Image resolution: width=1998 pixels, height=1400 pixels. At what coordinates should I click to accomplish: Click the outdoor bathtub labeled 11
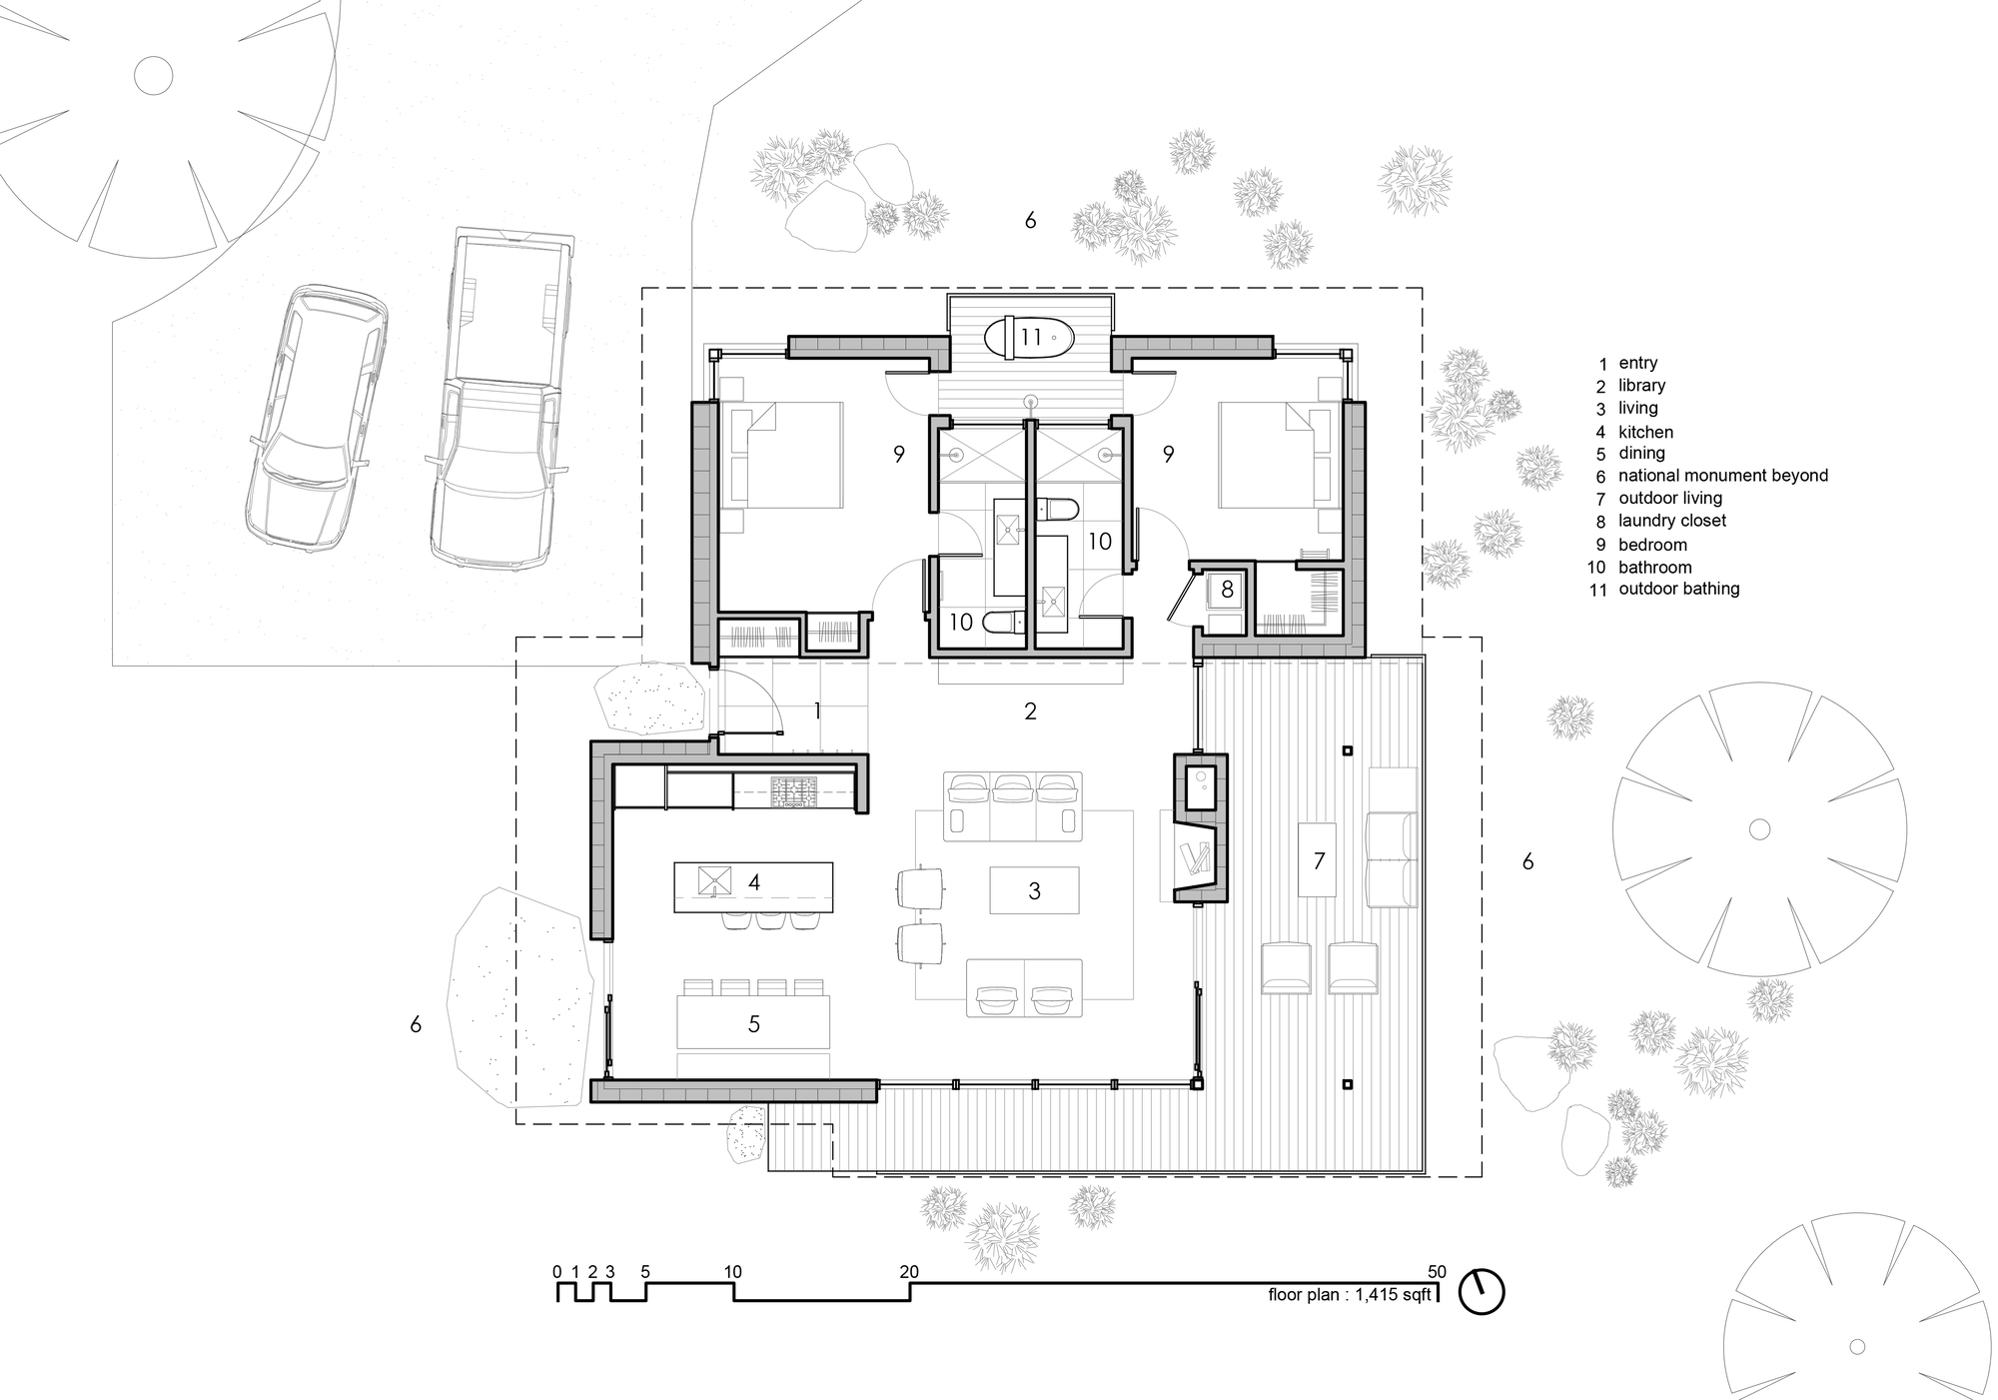tap(1030, 337)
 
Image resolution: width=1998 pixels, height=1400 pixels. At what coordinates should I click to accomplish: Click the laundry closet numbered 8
tap(1226, 590)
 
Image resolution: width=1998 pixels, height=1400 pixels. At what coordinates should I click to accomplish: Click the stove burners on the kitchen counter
tap(793, 793)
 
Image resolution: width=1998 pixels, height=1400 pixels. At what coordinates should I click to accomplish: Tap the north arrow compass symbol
tap(1481, 1291)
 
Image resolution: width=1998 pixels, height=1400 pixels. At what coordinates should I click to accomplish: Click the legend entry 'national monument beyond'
tap(1722, 476)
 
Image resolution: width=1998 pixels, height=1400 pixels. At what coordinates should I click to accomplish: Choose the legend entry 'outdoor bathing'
tap(1678, 589)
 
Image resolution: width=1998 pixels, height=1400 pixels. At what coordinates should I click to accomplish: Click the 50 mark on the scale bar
tap(1436, 1272)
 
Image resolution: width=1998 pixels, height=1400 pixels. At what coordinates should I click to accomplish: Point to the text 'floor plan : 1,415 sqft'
tap(1349, 1295)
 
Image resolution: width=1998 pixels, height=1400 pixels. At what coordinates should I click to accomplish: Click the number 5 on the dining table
tap(754, 1023)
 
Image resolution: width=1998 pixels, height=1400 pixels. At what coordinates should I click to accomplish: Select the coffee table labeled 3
tap(1034, 889)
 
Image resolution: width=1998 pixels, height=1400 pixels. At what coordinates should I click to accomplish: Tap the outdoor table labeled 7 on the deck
tap(1318, 859)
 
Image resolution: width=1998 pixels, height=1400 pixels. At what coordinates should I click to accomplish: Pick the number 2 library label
tap(1030, 710)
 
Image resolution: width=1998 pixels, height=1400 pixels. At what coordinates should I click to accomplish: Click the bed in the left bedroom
tap(784, 455)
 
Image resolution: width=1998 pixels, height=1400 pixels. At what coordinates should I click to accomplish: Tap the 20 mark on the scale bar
tap(909, 1272)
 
